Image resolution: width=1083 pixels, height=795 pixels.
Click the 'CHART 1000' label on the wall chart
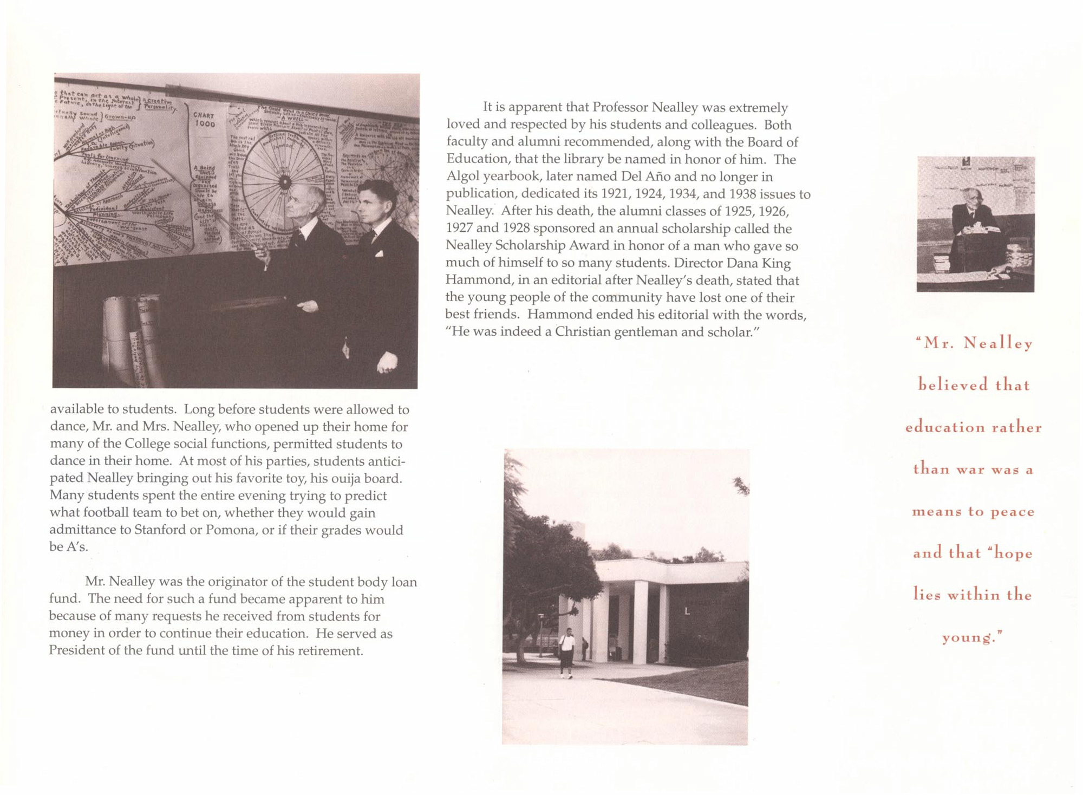pyautogui.click(x=205, y=119)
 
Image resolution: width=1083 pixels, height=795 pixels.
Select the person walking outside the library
pyautogui.click(x=566, y=652)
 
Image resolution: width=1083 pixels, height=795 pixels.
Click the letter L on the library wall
pyautogui.click(x=687, y=611)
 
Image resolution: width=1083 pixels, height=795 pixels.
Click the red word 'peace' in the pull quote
pyautogui.click(x=1012, y=512)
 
